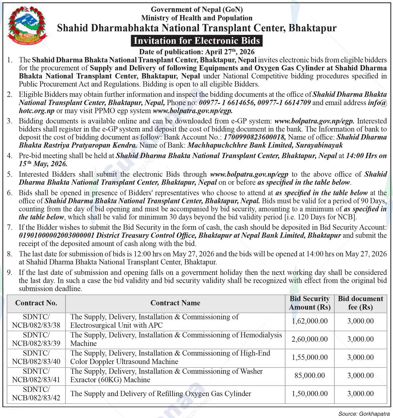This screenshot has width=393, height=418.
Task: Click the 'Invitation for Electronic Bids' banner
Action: [196, 41]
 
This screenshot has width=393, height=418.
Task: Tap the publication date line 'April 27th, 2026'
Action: [197, 52]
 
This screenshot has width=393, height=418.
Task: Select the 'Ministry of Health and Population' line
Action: [197, 18]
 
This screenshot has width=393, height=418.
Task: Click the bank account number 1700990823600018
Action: [255, 137]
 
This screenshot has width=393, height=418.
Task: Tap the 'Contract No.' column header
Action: [36, 303]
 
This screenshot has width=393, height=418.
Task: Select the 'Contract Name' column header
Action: [175, 303]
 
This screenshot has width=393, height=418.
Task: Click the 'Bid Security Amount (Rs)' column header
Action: [309, 303]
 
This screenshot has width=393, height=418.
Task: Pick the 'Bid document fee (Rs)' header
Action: [360, 303]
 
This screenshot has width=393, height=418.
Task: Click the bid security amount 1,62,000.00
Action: [309, 321]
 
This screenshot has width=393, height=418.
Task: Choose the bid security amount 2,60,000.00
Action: [309, 339]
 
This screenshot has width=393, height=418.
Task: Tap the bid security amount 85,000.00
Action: [309, 375]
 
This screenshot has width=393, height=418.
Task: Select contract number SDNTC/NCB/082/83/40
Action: [36, 357]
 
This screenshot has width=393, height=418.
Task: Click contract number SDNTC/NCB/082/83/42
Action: [36, 393]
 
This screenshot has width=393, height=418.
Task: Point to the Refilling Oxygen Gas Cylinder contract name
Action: [161, 394]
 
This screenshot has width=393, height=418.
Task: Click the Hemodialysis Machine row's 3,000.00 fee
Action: [360, 339]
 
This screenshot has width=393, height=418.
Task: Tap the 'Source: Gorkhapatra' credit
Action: [364, 414]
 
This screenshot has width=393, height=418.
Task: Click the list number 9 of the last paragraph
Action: [10, 272]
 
